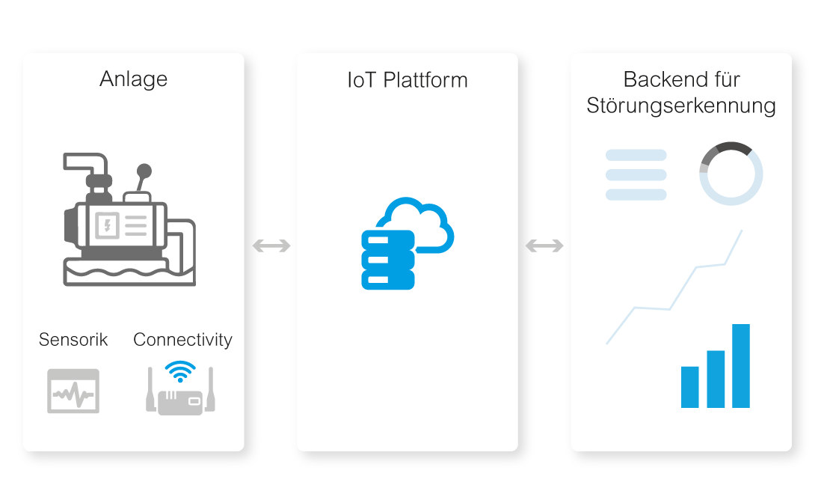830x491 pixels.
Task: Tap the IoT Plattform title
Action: click(408, 81)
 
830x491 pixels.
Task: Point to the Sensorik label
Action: click(73, 340)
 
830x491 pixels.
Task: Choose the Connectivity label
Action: click(182, 340)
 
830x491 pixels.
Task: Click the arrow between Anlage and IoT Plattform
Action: click(271, 246)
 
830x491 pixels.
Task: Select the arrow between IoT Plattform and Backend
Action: click(544, 246)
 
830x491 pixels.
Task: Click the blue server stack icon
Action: click(387, 260)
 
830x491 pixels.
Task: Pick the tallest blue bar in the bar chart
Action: click(741, 366)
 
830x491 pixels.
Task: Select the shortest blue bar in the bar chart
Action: click(689, 387)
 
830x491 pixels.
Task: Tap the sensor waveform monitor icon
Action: click(73, 391)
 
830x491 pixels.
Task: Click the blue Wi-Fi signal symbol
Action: click(180, 371)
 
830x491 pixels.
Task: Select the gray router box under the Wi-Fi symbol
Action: click(180, 403)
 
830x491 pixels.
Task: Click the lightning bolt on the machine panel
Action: click(108, 225)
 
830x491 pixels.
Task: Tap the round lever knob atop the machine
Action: click(144, 171)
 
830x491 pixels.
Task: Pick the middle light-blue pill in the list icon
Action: click(636, 175)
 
